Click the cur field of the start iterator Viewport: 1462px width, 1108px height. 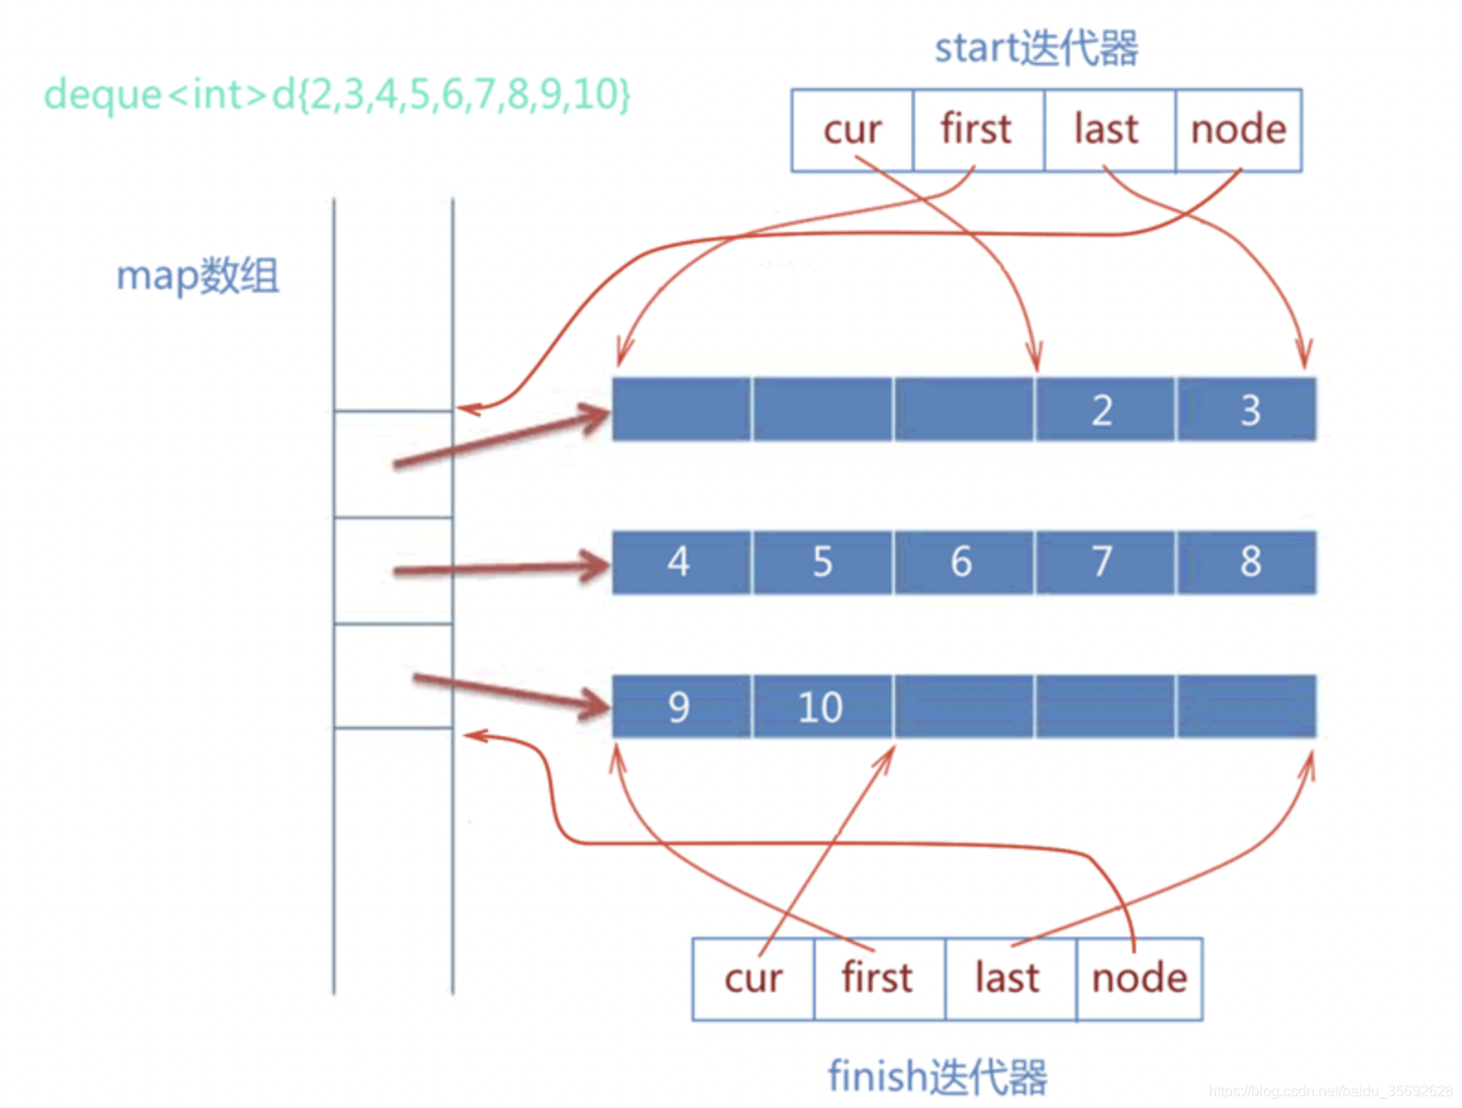coord(852,130)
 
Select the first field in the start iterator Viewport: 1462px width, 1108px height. coord(978,130)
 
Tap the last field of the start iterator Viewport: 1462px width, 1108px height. coord(1108,130)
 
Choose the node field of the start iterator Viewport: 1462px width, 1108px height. coord(1238,130)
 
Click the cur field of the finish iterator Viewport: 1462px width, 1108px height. coord(753,978)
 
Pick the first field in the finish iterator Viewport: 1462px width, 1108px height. coord(878,978)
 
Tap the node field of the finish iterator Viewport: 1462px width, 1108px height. coord(1140,978)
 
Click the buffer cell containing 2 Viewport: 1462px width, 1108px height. coord(1104,410)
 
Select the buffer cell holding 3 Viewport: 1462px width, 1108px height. coord(1247,410)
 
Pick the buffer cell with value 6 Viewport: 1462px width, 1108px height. coord(962,561)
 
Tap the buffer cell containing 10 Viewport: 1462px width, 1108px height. coord(821,707)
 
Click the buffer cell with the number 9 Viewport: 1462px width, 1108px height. coord(680,707)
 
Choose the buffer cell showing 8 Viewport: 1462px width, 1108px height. coord(1247,561)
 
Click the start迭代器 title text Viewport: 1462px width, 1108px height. coord(1037,48)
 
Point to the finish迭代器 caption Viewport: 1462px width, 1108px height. coord(937,1076)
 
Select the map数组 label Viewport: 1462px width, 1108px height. coord(197,275)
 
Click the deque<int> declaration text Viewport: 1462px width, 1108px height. coord(337,94)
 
